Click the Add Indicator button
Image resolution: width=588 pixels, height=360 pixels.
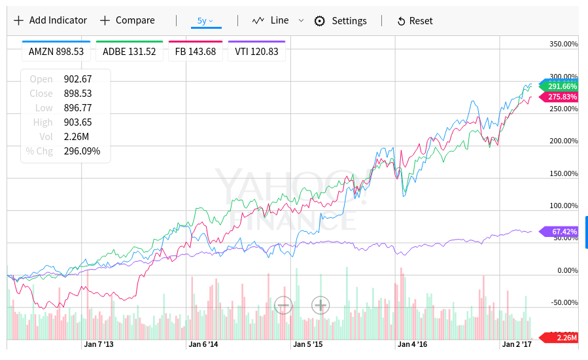50,20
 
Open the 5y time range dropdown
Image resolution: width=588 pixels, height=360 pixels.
206,20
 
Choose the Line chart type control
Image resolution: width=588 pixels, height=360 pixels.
270,20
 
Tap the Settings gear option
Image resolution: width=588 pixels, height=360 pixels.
341,21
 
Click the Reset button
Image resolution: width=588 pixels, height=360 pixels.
415,21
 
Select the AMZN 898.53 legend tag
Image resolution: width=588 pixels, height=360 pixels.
56,52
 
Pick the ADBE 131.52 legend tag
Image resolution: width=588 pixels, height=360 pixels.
130,52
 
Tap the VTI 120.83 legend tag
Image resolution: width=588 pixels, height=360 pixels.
256,52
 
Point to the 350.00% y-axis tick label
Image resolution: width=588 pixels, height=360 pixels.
564,44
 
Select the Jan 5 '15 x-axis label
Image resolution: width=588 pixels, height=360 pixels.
307,344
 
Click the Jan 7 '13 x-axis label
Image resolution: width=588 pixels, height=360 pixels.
99,344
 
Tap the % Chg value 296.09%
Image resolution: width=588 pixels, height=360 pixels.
82,151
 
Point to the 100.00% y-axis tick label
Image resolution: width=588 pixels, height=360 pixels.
564,206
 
